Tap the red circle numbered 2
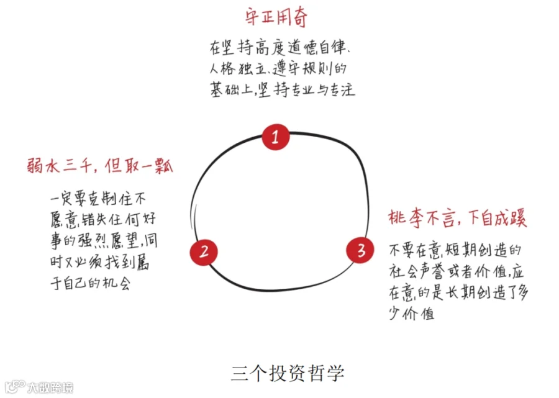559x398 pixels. click(x=204, y=251)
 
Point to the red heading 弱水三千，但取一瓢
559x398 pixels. click(x=99, y=166)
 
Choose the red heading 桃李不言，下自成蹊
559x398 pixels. click(x=458, y=220)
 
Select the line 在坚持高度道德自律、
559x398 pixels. click(x=282, y=48)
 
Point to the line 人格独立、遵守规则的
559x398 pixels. click(x=281, y=69)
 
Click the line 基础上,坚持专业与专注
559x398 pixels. click(x=282, y=89)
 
